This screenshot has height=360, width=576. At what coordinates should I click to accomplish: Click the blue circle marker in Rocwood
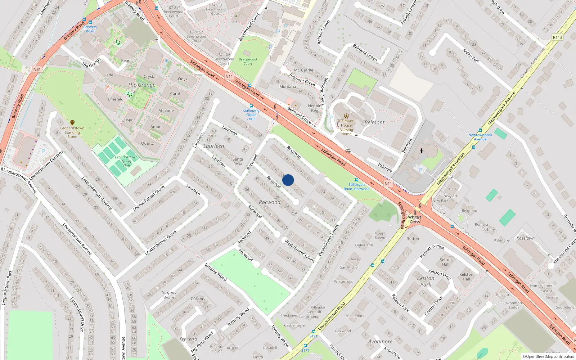tap(288, 180)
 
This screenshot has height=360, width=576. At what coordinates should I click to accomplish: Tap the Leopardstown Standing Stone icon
tap(72, 123)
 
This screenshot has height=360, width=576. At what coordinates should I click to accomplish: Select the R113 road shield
tap(557, 37)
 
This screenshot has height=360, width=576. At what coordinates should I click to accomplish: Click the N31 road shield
tap(37, 69)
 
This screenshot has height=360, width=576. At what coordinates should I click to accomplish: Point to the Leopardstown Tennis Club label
tap(126, 161)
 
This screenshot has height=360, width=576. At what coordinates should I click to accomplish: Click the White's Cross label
tap(415, 220)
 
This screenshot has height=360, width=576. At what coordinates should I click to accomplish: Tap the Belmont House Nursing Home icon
tap(346, 116)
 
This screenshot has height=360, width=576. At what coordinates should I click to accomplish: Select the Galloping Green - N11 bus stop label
tap(251, 115)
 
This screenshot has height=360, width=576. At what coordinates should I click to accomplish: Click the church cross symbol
tap(421, 151)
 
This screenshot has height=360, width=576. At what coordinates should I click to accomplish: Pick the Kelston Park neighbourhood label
tap(426, 281)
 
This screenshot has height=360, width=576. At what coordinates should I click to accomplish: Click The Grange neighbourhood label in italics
tap(141, 85)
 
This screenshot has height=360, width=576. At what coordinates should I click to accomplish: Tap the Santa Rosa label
tap(238, 161)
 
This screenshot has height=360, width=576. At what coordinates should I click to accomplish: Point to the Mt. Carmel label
tap(304, 70)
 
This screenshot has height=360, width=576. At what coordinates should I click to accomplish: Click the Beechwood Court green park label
tap(248, 62)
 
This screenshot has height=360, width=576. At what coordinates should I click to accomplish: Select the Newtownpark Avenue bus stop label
tap(480, 137)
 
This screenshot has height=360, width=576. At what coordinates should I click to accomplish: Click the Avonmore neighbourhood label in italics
tap(380, 341)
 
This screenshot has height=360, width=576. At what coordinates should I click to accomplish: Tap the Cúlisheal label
tap(199, 298)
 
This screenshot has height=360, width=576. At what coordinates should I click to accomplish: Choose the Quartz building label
tap(147, 143)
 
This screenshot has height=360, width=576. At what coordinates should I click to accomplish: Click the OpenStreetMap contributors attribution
tap(548, 357)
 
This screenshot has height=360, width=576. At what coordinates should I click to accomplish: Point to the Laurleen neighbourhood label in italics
tap(213, 146)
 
